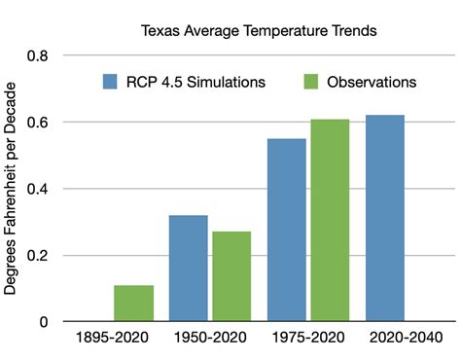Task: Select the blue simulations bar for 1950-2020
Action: coord(188,269)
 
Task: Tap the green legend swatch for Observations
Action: coord(314,82)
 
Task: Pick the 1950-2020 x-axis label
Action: coord(209,343)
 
